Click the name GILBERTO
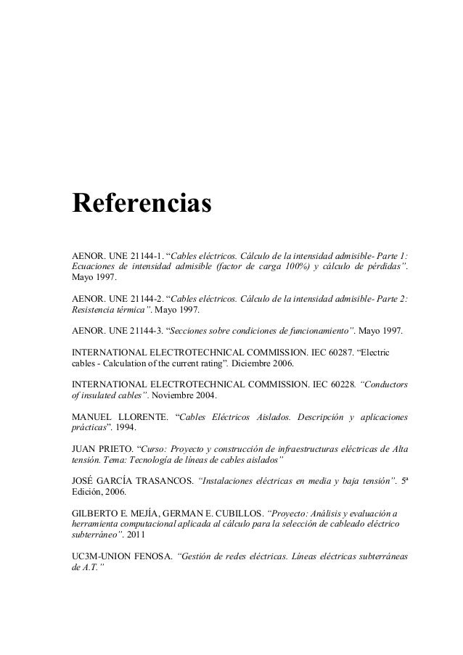pos(95,509)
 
